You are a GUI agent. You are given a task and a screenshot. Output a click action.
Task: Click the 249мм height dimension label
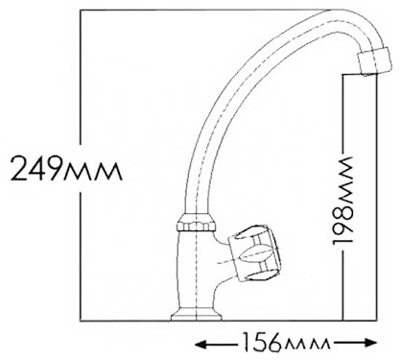pos(66,168)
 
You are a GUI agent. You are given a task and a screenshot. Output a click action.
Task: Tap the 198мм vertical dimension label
pos(343,201)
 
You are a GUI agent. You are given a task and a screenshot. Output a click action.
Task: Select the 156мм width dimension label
pos(285,343)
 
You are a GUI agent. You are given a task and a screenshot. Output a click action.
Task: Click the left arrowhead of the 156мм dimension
pos(200,344)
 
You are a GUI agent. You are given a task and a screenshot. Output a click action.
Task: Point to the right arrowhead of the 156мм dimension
pos(372,343)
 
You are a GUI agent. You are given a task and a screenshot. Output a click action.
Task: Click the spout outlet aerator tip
pos(373,61)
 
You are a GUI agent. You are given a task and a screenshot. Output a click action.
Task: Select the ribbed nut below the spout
pos(196,222)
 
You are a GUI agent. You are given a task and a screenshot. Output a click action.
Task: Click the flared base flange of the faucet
pos(196,314)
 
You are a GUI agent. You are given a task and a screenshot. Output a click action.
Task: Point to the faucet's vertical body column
pos(196,270)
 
